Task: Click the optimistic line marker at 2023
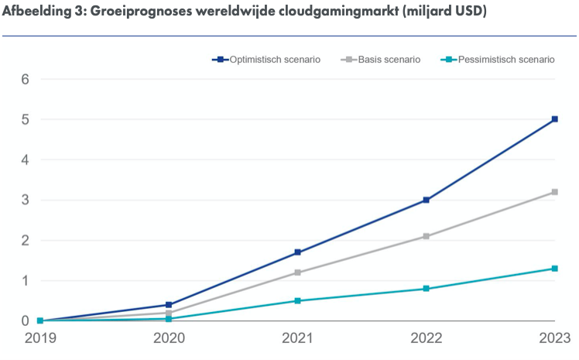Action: tap(555, 119)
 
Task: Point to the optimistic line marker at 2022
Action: tap(427, 200)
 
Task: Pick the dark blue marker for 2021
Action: tap(297, 252)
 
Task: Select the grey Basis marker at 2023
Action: tap(555, 192)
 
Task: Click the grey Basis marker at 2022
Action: tap(427, 236)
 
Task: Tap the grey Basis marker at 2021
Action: tap(297, 273)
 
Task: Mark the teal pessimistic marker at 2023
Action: tap(555, 269)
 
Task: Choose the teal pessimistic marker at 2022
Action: tap(427, 289)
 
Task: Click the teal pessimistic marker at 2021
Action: tap(297, 300)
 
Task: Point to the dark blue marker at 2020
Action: tap(169, 305)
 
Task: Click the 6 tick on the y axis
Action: tap(25, 79)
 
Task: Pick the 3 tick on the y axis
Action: tap(25, 200)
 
